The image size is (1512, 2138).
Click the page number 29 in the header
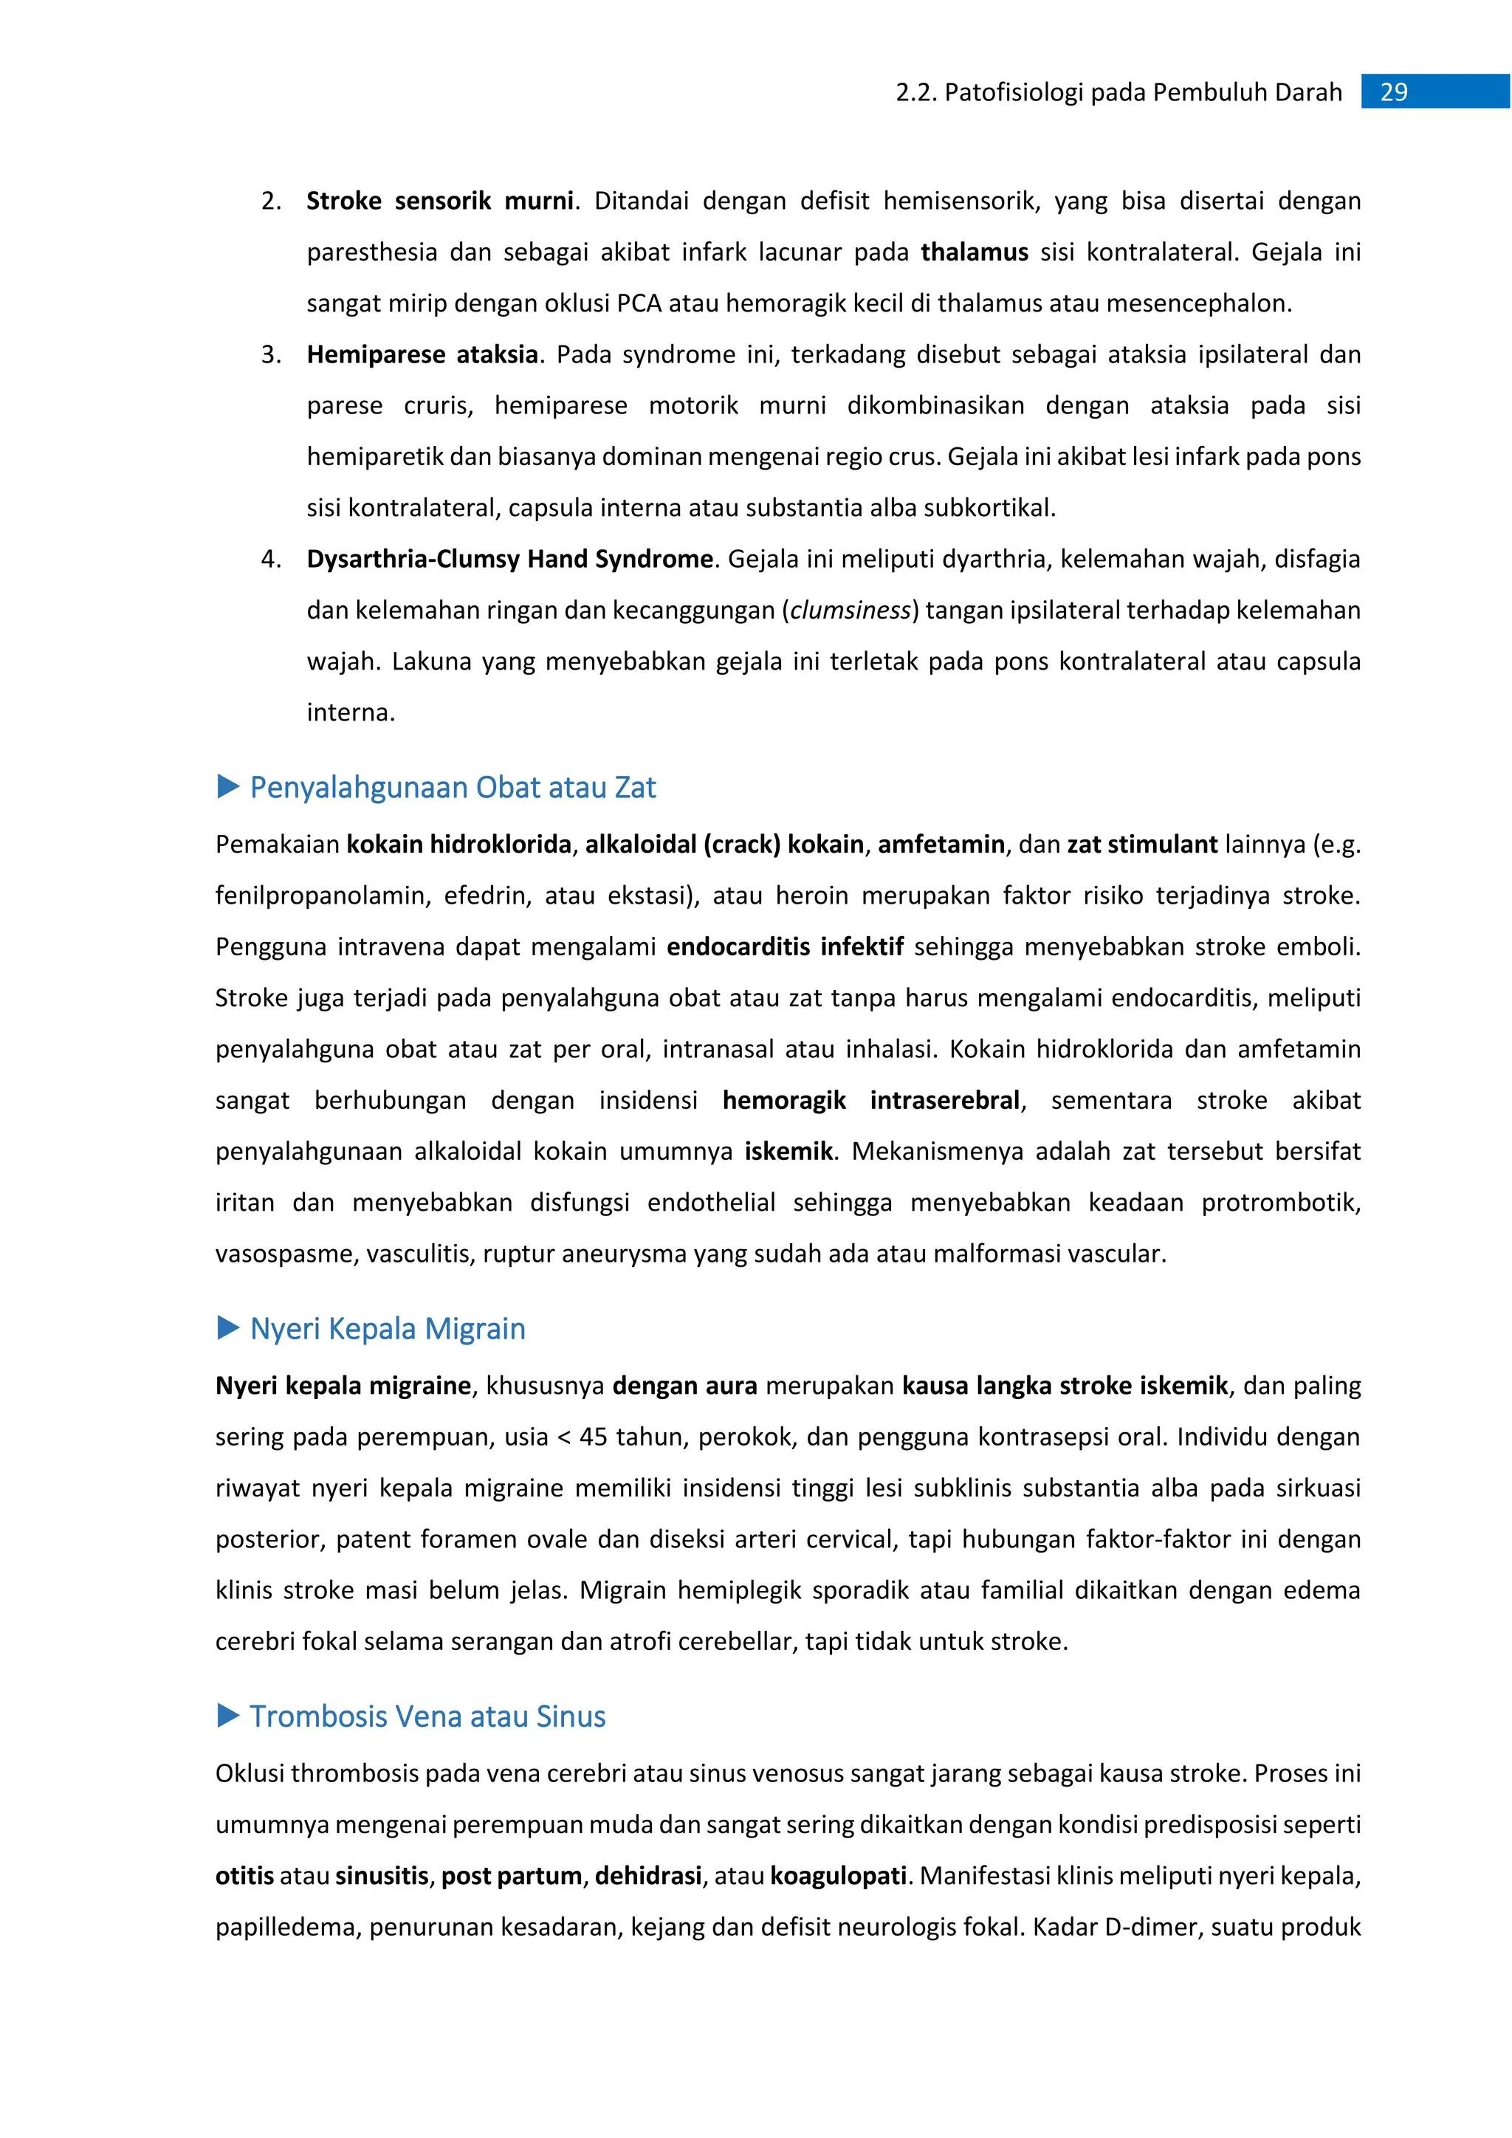point(1393,92)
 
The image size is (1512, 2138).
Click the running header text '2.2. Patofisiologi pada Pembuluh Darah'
point(1118,92)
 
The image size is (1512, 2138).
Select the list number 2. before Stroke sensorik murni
point(271,201)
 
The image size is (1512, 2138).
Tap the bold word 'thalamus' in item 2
point(974,252)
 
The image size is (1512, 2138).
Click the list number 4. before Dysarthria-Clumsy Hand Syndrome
point(271,559)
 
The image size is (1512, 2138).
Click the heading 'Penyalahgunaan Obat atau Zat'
point(453,788)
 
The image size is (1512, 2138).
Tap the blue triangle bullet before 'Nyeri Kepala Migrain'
point(228,1328)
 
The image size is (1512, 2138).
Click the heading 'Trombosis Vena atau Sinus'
point(427,1716)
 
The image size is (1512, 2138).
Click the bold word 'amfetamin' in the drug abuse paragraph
point(941,845)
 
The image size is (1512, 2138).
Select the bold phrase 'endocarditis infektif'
point(785,947)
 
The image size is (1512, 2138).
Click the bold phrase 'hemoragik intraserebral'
point(871,1101)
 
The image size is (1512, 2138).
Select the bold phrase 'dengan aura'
point(684,1386)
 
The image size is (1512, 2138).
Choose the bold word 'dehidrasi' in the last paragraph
point(648,1875)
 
